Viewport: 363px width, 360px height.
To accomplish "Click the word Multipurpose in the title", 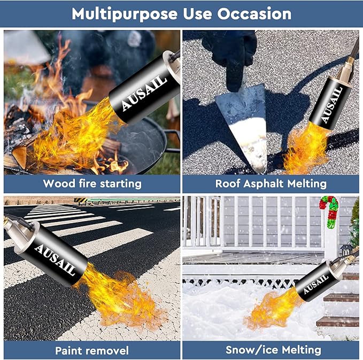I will click(x=118, y=13).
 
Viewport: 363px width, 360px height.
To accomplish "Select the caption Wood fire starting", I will click(x=92, y=183).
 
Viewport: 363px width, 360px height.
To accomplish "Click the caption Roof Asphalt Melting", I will click(x=271, y=183).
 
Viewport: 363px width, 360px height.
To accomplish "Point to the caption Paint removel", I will click(x=92, y=351).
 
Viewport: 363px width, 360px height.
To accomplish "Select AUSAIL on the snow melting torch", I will click(x=321, y=280).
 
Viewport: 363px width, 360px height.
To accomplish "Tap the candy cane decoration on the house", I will click(x=329, y=209).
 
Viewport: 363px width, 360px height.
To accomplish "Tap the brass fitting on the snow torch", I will click(x=350, y=260).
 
